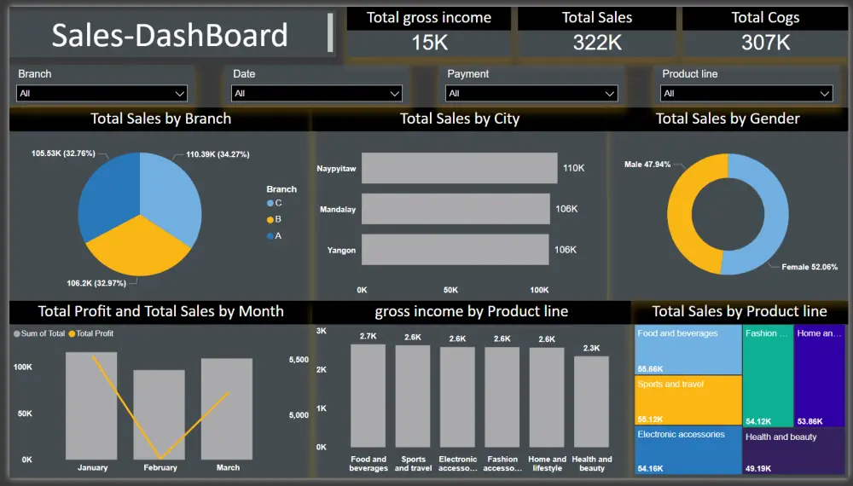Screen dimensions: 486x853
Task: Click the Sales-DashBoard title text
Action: [x=170, y=35]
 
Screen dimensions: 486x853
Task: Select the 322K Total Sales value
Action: [x=597, y=42]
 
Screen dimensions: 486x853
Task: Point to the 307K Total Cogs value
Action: [x=765, y=42]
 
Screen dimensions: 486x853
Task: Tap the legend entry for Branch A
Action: [x=274, y=235]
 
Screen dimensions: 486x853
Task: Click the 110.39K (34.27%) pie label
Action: [x=218, y=154]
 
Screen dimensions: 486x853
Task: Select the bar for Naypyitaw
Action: [x=457, y=168]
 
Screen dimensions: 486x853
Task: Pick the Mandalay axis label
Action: [x=338, y=209]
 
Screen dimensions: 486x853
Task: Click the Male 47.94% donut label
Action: [x=647, y=164]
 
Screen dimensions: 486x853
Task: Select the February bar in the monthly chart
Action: [x=160, y=414]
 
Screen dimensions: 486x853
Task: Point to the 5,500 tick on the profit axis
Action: [x=299, y=361]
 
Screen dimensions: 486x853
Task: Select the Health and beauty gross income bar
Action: [x=591, y=402]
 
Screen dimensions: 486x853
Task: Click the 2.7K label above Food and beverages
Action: [x=368, y=337]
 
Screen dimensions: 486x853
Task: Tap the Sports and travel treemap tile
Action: [x=688, y=399]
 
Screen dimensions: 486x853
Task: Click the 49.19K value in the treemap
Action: [x=757, y=468]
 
